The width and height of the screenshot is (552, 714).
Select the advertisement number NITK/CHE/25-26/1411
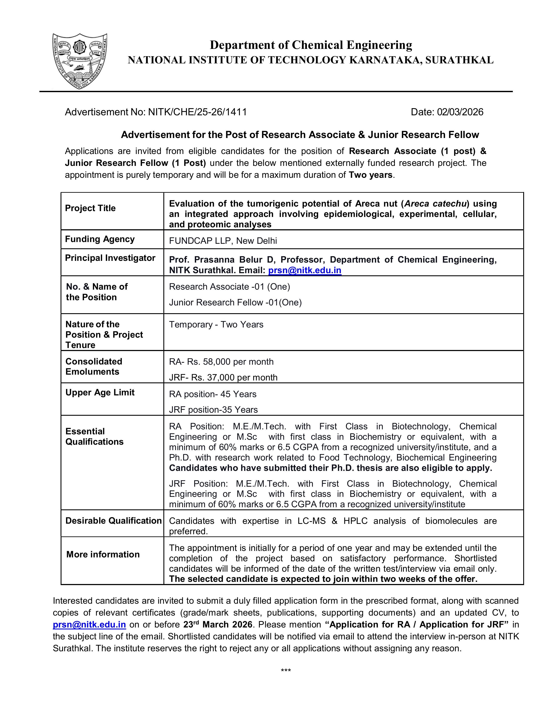197,112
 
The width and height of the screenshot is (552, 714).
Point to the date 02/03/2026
460,112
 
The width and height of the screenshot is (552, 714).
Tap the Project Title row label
90,208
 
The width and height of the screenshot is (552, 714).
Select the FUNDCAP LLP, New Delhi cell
223,241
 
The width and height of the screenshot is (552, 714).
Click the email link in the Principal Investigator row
304,270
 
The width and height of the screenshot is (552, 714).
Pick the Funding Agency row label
100,239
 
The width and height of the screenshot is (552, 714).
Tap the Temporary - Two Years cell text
216,325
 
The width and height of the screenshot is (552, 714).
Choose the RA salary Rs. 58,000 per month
221,362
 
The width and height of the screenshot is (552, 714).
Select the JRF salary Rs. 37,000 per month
223,378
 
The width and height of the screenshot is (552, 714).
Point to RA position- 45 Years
213,394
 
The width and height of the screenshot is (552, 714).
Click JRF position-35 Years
213,410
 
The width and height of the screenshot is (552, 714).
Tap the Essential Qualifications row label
94,436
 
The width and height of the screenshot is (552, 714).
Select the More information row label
103,554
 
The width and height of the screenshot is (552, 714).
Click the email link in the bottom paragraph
89,625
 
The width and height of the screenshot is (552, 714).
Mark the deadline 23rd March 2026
218,625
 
